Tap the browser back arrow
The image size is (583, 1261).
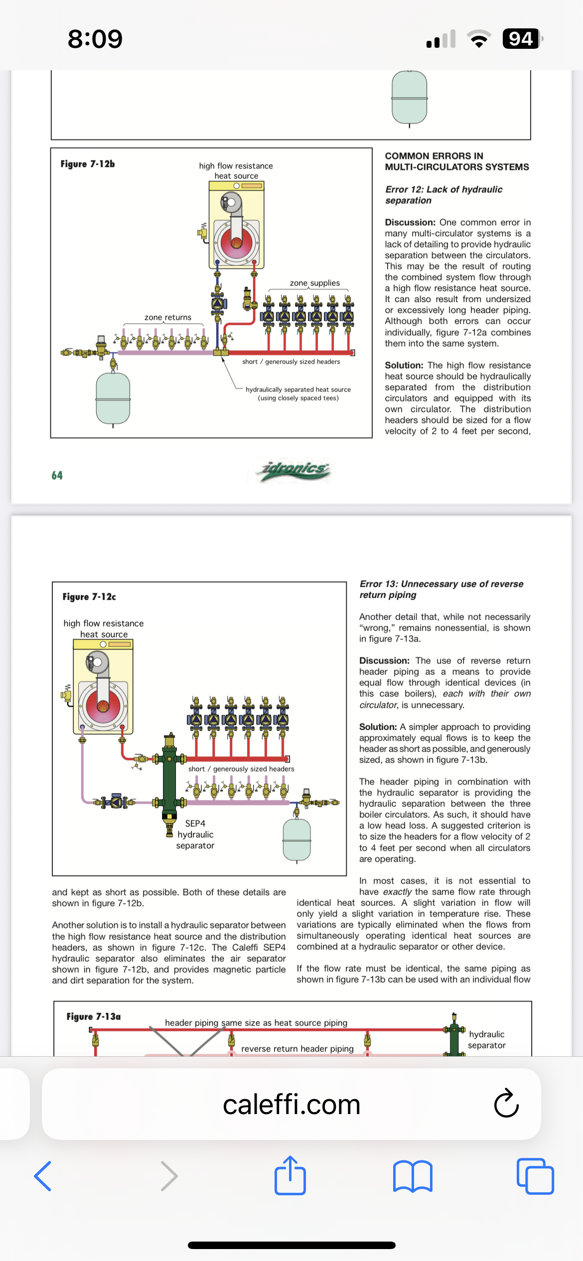tap(43, 1176)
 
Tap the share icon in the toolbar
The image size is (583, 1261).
tap(290, 1175)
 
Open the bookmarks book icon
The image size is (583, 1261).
tap(413, 1176)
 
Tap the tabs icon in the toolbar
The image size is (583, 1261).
tap(535, 1176)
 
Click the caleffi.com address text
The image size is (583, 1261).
tap(291, 1104)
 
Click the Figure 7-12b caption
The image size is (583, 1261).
tap(88, 164)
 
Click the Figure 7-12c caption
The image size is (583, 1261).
tap(89, 597)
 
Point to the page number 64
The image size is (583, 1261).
tap(57, 475)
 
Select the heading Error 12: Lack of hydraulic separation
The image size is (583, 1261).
tap(443, 195)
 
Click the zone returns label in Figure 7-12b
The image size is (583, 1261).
tap(168, 317)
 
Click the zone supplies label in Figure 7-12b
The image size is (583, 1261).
tap(315, 283)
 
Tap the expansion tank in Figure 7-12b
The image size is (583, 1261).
tap(113, 398)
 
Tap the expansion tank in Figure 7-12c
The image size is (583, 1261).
tap(297, 840)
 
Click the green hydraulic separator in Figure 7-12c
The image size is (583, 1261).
tap(169, 777)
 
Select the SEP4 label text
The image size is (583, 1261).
tap(195, 823)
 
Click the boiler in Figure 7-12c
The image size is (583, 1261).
tap(103, 687)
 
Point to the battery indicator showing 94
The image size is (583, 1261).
tap(521, 38)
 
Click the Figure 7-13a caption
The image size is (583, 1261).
tap(94, 1016)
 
